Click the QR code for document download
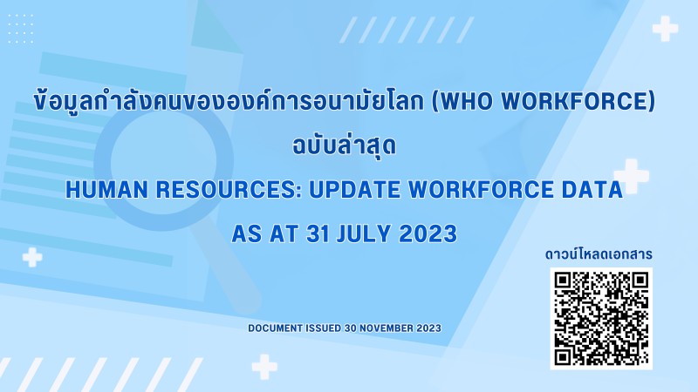(601, 318)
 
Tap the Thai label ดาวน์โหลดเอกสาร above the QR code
(599, 254)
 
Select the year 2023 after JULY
(428, 233)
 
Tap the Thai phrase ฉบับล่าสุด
(344, 145)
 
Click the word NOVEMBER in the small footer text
(386, 328)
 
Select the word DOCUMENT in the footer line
(275, 328)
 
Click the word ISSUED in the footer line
(324, 328)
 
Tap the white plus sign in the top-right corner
(665, 29)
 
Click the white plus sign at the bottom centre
(264, 367)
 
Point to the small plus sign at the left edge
(32, 257)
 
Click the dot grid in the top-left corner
(20, 29)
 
